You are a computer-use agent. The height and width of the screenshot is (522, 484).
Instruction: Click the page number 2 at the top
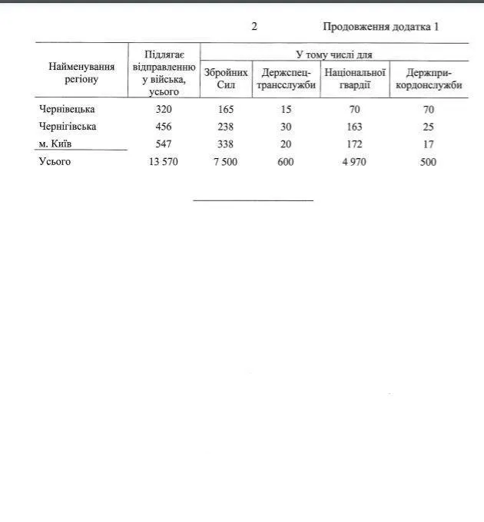coord(254,27)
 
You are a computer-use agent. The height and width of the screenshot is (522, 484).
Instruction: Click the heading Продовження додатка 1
coord(380,27)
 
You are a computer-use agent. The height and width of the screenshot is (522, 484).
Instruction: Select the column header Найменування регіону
coord(81,73)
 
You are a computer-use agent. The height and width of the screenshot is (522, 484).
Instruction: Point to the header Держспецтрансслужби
coord(286,78)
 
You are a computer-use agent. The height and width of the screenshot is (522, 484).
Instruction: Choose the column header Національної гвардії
coord(354,78)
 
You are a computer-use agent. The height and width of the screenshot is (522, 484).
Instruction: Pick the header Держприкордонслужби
coord(429,78)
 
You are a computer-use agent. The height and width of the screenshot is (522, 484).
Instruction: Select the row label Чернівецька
coord(67,109)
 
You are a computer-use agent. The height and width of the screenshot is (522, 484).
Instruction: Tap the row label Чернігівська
coord(68,126)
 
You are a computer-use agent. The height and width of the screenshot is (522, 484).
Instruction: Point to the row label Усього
coord(55,161)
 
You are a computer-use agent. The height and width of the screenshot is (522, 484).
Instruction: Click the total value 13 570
coord(162,161)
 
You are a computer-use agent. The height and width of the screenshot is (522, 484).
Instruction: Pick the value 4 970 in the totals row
coord(354,161)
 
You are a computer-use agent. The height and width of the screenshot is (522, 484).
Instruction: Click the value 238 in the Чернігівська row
coord(226,126)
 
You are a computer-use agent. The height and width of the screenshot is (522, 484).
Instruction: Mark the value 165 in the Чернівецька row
coord(226,109)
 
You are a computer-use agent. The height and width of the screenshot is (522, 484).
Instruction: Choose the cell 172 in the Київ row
coord(354,144)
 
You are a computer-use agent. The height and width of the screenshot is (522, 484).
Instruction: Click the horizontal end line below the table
coord(253,200)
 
